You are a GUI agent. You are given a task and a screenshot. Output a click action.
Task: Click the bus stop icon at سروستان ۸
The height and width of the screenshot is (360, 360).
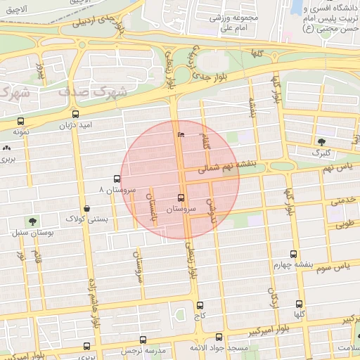117,179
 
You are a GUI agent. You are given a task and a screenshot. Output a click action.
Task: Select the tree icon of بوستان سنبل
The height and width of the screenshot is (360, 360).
32,221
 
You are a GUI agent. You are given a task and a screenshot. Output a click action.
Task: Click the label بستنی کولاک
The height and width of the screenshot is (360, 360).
86,219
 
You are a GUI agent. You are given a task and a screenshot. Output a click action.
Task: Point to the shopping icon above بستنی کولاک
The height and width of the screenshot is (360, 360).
86,208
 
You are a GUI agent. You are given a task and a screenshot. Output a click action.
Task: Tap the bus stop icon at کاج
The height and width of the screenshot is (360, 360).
200,306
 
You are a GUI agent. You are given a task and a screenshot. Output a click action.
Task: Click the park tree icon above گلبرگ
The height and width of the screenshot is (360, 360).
322,142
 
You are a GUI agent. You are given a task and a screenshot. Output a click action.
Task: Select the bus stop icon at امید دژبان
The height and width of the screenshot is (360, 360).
75,114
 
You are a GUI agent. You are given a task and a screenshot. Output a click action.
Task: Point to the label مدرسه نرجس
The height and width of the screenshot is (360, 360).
141,349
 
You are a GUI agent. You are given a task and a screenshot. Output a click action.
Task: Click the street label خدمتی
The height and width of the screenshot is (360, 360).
343,200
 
